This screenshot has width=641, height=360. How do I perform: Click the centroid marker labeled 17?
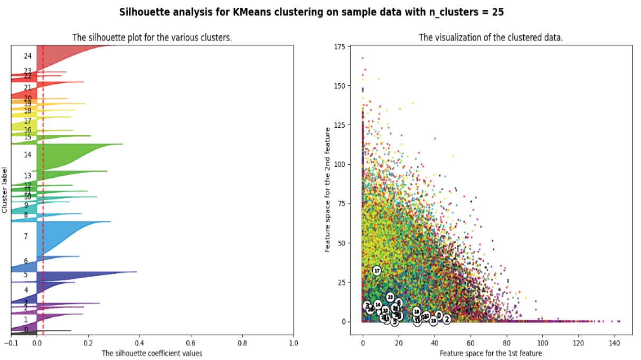click(x=376, y=271)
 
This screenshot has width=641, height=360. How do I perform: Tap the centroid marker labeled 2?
click(x=447, y=319)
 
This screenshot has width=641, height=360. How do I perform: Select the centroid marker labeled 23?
click(x=390, y=297)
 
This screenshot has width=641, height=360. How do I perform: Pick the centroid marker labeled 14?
click(x=378, y=305)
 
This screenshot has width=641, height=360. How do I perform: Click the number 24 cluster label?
click(x=27, y=56)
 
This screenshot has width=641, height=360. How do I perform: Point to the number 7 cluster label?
click(x=25, y=236)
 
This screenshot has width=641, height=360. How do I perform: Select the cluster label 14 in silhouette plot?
click(x=27, y=155)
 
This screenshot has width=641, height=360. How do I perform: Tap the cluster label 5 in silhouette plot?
click(x=25, y=275)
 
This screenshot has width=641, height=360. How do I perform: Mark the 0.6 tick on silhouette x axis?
click(x=191, y=342)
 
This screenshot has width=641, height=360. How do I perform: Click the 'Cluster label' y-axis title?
click(x=5, y=190)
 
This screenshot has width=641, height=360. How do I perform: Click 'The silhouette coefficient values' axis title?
click(x=152, y=353)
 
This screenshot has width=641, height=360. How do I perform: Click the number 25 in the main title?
click(x=496, y=12)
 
